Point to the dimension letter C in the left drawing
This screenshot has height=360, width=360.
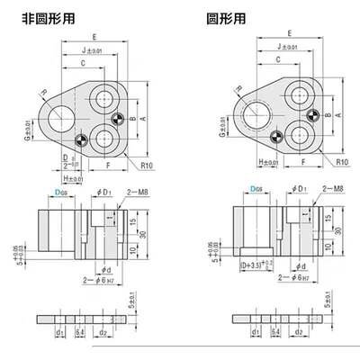(x=82, y=64)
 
